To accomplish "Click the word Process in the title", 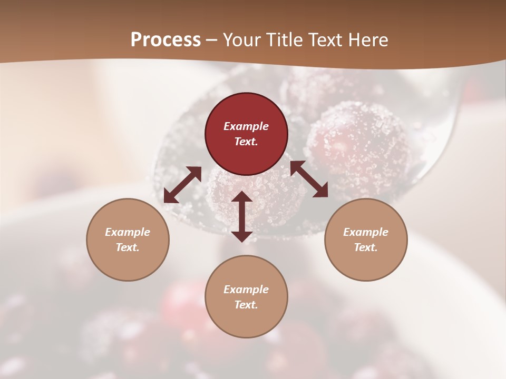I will pyautogui.click(x=166, y=40).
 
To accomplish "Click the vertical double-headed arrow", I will pyautogui.click(x=242, y=216).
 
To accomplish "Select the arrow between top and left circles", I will pyautogui.click(x=182, y=184).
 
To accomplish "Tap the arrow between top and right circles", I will pyautogui.click(x=309, y=179).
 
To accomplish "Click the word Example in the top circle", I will pyautogui.click(x=246, y=126).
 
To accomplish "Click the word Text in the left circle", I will pyautogui.click(x=127, y=247).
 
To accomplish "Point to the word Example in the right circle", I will pyautogui.click(x=366, y=232).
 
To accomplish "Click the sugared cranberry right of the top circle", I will pyautogui.click(x=358, y=142).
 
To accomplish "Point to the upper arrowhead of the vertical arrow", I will pyautogui.click(x=242, y=197).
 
